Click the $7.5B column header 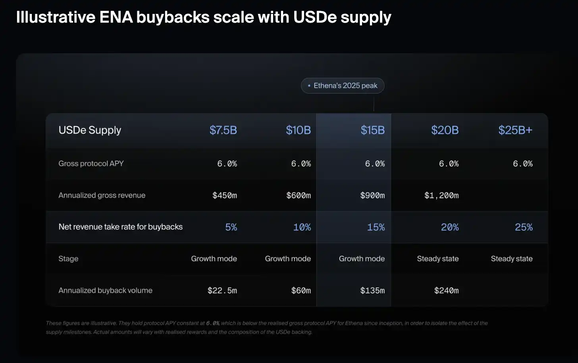[x=223, y=130]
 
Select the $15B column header [x=373, y=130]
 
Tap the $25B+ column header [x=515, y=130]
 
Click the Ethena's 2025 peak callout [x=343, y=86]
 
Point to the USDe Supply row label [x=90, y=130]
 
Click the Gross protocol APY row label [x=91, y=164]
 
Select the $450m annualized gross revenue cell [x=225, y=195]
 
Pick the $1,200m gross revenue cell [x=441, y=195]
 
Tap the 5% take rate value [x=231, y=227]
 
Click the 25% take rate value [x=524, y=227]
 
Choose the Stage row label [x=68, y=259]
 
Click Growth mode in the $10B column [x=288, y=259]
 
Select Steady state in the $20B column [x=438, y=259]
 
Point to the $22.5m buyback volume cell [x=222, y=291]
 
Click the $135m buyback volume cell [x=373, y=291]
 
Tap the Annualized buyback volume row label [x=106, y=290]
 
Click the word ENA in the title [x=116, y=17]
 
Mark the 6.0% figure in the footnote [x=213, y=323]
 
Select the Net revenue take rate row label [x=121, y=227]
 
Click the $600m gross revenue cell [x=299, y=195]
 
